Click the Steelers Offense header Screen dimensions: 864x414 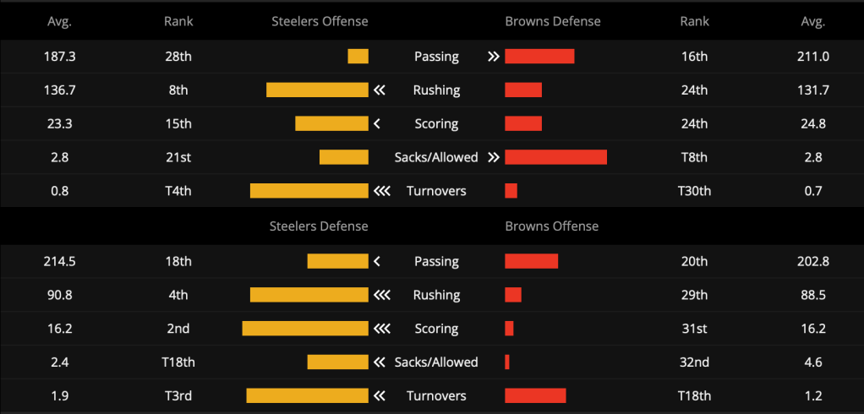click(x=320, y=21)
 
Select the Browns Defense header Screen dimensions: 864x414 click(x=553, y=21)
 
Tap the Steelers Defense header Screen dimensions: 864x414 click(x=319, y=226)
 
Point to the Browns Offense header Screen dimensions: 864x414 click(x=551, y=226)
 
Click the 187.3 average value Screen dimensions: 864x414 click(x=59, y=56)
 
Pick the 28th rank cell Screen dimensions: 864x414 click(x=178, y=56)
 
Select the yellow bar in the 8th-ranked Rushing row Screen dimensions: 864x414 click(x=317, y=90)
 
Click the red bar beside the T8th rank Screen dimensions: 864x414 click(x=556, y=157)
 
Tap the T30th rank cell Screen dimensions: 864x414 click(x=694, y=191)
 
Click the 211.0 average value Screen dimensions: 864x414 click(x=813, y=56)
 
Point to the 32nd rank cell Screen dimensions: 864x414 click(x=694, y=362)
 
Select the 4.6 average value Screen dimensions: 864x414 click(x=813, y=362)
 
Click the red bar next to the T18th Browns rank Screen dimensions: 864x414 click(x=536, y=395)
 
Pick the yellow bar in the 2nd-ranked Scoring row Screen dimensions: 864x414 click(x=305, y=329)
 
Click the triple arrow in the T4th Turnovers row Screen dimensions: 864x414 click(x=382, y=191)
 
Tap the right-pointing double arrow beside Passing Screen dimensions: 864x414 click(x=493, y=56)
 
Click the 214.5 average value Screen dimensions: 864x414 click(x=59, y=261)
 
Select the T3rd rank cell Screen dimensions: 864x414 click(x=178, y=395)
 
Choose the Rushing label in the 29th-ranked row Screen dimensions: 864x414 click(x=436, y=295)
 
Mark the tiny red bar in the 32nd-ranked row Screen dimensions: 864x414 click(x=507, y=362)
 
